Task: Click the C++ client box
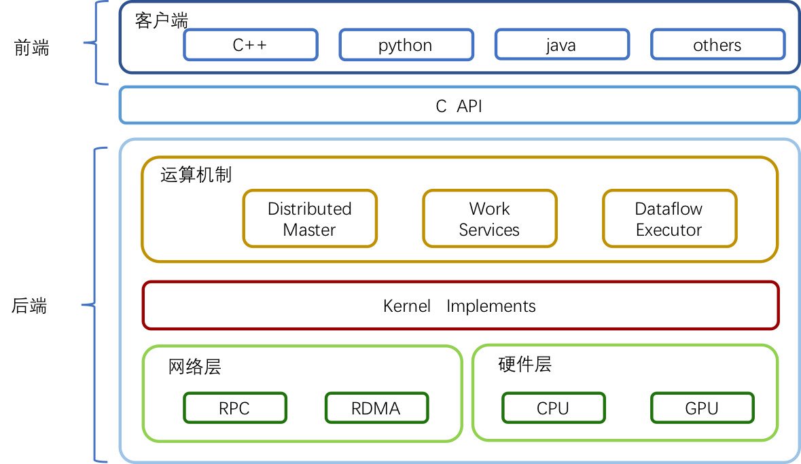coord(250,45)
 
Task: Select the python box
coord(406,45)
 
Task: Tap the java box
coord(562,45)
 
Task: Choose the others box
coord(717,45)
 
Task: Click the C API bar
coord(460,105)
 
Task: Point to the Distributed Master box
coord(310,219)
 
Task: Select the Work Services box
coord(490,219)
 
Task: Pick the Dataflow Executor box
coord(670,219)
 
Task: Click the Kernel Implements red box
coord(461,306)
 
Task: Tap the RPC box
coord(235,408)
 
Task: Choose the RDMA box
coord(376,408)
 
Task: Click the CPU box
coord(553,408)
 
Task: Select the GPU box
coord(702,408)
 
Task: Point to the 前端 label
coord(32,48)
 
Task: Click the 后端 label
coord(29,306)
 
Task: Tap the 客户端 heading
coord(162,21)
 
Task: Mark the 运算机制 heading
coord(196,175)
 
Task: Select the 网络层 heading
coord(194,366)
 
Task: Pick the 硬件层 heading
coord(525,364)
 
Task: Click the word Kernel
coord(407,306)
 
